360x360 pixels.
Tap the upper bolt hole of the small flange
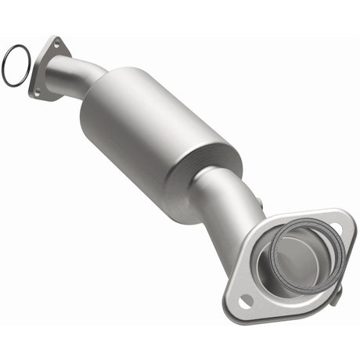56,45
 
